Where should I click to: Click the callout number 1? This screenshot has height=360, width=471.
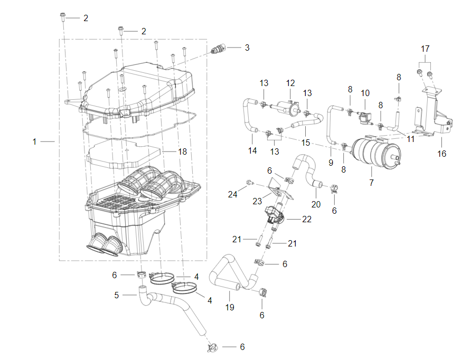[35, 141]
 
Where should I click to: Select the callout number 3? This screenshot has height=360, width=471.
[247, 48]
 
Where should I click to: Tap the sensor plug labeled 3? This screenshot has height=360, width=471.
[217, 50]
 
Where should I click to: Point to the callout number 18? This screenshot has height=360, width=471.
[182, 151]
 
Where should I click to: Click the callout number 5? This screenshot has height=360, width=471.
[117, 295]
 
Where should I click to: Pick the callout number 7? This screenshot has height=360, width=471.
[371, 182]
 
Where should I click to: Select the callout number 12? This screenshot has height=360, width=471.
[290, 83]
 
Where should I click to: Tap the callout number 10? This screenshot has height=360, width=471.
[365, 93]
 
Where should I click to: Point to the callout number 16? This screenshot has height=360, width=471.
[441, 154]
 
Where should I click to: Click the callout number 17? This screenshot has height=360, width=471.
[426, 49]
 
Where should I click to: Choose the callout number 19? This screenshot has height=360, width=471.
[230, 307]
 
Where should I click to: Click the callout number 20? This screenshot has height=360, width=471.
[316, 204]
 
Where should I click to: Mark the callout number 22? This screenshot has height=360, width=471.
[306, 219]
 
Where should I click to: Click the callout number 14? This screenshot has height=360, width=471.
[252, 151]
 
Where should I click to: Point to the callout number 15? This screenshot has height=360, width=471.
[305, 143]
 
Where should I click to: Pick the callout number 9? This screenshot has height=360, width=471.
[331, 163]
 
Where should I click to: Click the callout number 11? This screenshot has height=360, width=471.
[411, 139]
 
